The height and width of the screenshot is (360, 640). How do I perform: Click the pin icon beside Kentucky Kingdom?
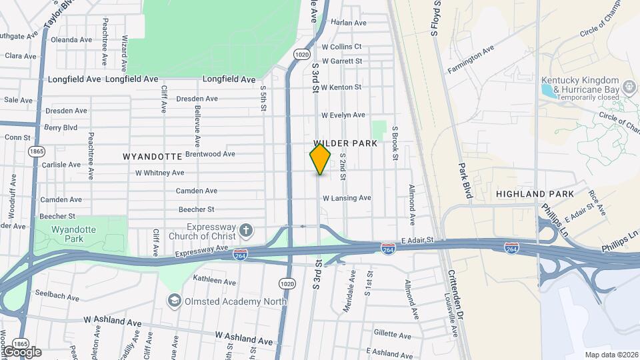click(627, 85)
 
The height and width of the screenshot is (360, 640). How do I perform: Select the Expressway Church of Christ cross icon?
click(246, 231)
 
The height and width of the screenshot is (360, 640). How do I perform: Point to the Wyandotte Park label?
click(69, 233)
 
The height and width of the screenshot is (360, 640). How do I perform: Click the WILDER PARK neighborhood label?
click(345, 143)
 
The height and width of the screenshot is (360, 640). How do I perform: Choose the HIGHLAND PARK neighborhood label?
click(535, 194)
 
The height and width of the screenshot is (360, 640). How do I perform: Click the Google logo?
click(22, 351)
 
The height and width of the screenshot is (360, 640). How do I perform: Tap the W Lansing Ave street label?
click(347, 198)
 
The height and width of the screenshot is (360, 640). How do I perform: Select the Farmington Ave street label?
click(471, 59)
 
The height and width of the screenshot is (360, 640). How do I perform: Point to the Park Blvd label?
click(464, 181)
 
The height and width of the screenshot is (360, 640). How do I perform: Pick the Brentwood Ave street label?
click(210, 153)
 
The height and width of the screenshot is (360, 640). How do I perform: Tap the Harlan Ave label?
click(349, 22)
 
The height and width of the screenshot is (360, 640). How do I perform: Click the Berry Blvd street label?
click(61, 127)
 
